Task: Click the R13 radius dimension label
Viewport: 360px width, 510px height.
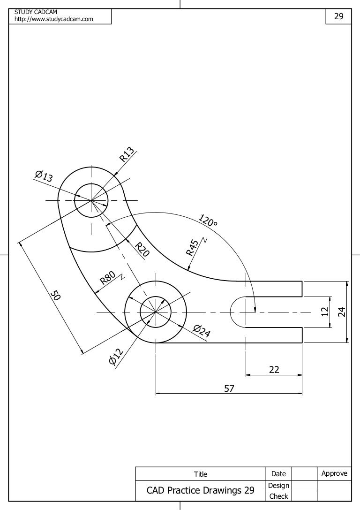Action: click(x=127, y=154)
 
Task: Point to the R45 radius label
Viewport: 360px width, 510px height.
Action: click(x=192, y=247)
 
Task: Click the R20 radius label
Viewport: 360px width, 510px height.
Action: click(x=142, y=250)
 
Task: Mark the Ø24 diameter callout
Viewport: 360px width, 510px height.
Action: click(x=201, y=331)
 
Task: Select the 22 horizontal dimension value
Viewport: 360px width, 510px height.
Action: click(x=274, y=370)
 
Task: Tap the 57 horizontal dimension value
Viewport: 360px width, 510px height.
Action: click(x=229, y=388)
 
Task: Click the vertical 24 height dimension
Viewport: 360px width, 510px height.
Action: click(x=342, y=312)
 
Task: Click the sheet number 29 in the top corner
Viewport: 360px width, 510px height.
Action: click(x=338, y=16)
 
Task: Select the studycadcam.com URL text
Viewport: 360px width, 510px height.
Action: click(x=54, y=19)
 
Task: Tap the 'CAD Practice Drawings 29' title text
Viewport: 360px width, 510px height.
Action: click(x=200, y=491)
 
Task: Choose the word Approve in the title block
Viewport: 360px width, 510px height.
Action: click(x=334, y=473)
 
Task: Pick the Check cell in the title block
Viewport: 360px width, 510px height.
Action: click(x=278, y=496)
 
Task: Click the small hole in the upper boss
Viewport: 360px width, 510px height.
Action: click(x=91, y=200)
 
